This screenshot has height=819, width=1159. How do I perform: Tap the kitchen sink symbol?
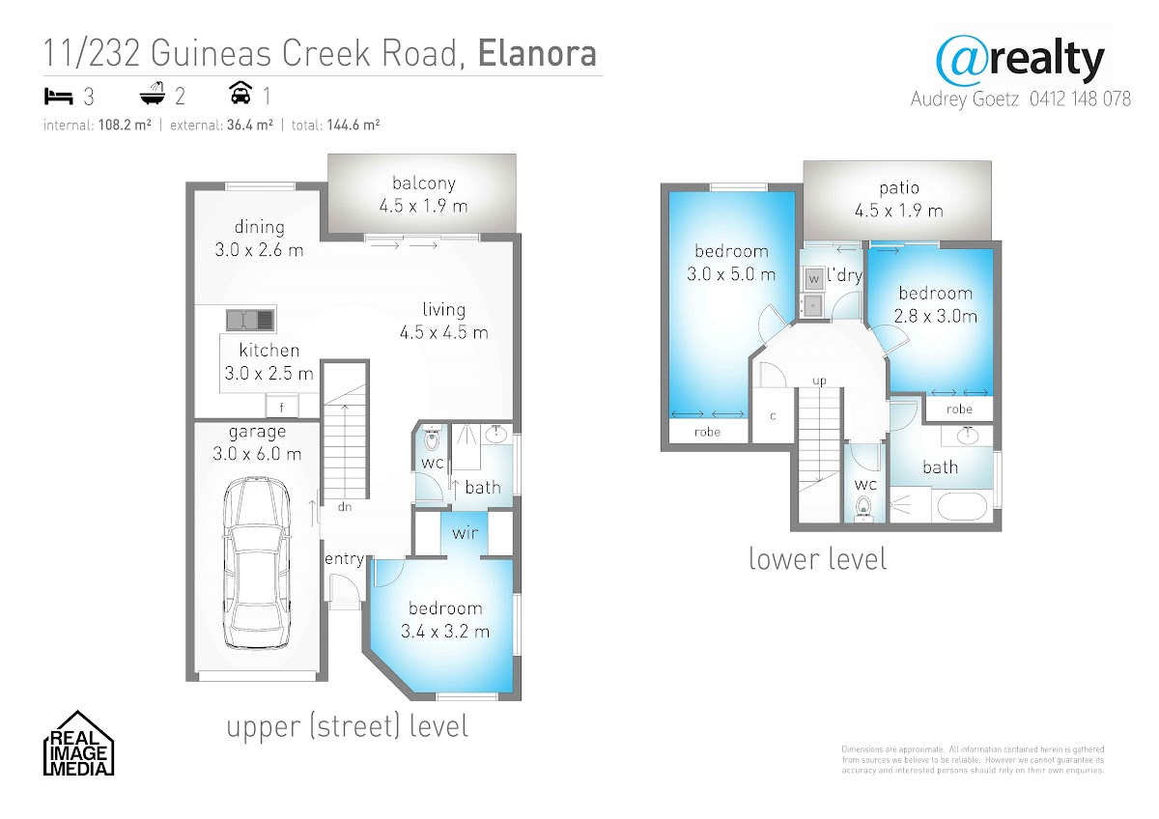251,320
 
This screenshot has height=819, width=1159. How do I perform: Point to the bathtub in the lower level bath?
962,506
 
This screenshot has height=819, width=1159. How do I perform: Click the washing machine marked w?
814,279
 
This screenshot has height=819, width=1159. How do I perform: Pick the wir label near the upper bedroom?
465,533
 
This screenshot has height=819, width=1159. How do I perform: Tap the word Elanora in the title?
537,53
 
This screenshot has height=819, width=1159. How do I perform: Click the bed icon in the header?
58,97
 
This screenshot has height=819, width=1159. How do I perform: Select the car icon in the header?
240,93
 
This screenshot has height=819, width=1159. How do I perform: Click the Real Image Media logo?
78,743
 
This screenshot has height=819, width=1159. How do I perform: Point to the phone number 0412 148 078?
1080,99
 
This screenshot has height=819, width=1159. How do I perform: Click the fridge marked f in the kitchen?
282,407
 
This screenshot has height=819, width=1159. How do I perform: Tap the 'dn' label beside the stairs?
345,507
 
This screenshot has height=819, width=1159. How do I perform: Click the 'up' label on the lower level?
820,381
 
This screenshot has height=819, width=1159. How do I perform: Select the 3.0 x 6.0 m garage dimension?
257,454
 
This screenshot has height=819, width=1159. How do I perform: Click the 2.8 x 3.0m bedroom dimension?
936,316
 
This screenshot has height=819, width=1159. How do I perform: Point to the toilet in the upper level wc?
431,439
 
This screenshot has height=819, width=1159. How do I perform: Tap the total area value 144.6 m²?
353,126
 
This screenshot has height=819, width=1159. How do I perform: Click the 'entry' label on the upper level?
344,559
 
